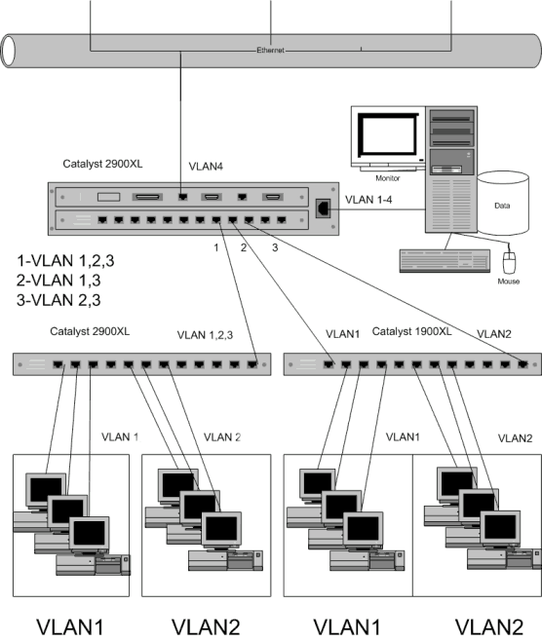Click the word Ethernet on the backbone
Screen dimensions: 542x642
pyautogui.click(x=270, y=51)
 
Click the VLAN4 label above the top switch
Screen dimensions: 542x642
pyautogui.click(x=206, y=167)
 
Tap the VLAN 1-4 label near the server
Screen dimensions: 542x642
pyautogui.click(x=368, y=200)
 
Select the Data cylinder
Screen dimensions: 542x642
pyautogui.click(x=503, y=203)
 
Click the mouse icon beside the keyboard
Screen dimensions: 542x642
pyautogui.click(x=509, y=262)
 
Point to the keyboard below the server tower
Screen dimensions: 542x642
pyautogui.click(x=445, y=261)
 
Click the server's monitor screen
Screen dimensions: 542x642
pyautogui.click(x=388, y=134)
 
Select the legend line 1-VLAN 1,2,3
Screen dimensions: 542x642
pyautogui.click(x=65, y=260)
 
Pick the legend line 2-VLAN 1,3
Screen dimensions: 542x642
pyautogui.click(x=58, y=281)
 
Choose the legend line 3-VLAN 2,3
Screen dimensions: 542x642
pyautogui.click(x=58, y=300)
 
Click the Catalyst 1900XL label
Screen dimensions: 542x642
pyautogui.click(x=411, y=331)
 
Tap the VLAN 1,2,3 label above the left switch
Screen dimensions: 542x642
pyautogui.click(x=205, y=335)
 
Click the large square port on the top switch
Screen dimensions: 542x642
pyautogui.click(x=324, y=208)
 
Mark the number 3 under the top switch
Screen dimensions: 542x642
pyautogui.click(x=275, y=247)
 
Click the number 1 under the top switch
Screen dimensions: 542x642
pyautogui.click(x=216, y=247)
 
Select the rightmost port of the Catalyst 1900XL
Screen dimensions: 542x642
pyautogui.click(x=523, y=363)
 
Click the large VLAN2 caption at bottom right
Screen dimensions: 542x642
pyautogui.click(x=489, y=627)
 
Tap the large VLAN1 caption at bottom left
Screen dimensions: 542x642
pyautogui.click(x=70, y=627)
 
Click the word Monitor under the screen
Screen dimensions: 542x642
pyautogui.click(x=388, y=178)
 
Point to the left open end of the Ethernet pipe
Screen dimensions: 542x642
pyautogui.click(x=8, y=52)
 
